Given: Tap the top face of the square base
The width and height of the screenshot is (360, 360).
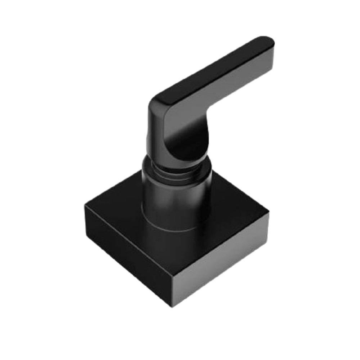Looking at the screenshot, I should (119, 212).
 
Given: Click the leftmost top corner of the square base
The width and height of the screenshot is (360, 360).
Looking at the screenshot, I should (85, 205).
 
